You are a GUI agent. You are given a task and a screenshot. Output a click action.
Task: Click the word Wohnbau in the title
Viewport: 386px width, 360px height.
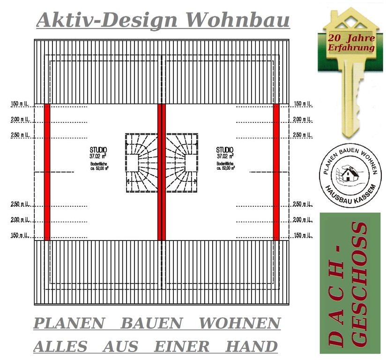(x=238, y=20)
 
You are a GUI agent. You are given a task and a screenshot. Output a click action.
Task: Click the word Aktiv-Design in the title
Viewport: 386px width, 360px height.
(x=107, y=20)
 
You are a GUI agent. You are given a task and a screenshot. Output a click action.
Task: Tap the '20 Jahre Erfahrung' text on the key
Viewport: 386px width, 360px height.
(x=351, y=42)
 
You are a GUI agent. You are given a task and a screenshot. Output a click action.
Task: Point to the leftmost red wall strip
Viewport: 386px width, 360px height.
(x=47, y=172)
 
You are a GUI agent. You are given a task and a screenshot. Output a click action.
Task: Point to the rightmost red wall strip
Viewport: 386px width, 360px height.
(x=276, y=172)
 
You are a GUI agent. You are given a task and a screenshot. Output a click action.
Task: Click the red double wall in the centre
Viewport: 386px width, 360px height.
(x=162, y=172)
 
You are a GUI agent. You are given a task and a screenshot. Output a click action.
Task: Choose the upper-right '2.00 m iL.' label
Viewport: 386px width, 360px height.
(x=303, y=120)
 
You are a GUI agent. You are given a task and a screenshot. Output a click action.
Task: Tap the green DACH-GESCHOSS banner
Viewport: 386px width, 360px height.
(x=350, y=283)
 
